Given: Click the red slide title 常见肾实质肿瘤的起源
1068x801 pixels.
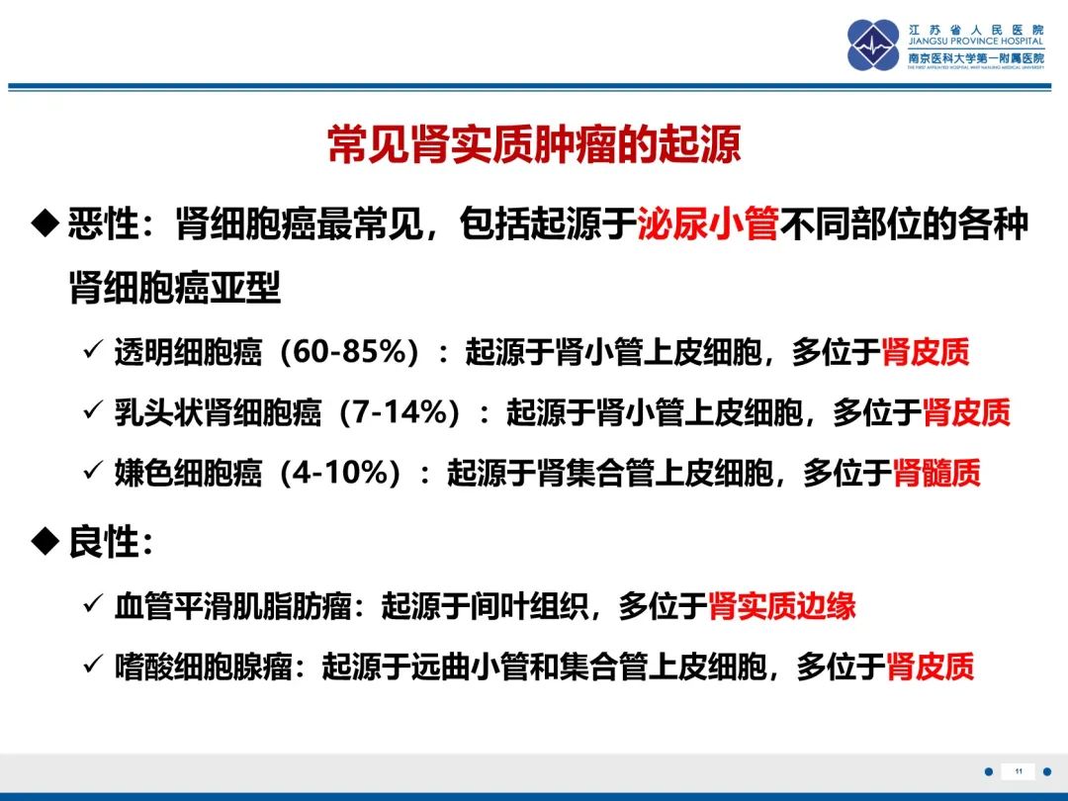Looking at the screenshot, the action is (534, 143).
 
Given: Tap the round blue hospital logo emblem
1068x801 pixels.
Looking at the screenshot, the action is (873, 44).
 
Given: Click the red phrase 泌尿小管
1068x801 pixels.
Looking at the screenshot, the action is (708, 223).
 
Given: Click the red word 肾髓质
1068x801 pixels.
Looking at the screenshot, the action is (935, 472).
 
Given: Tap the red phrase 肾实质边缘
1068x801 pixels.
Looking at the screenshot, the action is (781, 605).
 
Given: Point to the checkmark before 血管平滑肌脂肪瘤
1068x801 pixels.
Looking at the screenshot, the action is (92, 603).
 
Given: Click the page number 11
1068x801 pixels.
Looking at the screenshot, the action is (1019, 771).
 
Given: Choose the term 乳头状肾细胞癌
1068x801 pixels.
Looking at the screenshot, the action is (218, 412).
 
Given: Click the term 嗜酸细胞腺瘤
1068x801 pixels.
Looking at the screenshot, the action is (203, 667).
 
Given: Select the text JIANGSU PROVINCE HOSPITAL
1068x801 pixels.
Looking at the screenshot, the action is (975, 41).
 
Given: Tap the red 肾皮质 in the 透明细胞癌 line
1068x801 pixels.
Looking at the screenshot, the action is (925, 351).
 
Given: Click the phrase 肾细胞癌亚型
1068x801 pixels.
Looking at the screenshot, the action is (175, 287).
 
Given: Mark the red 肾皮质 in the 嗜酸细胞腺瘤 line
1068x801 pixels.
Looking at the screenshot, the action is (930, 667).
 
